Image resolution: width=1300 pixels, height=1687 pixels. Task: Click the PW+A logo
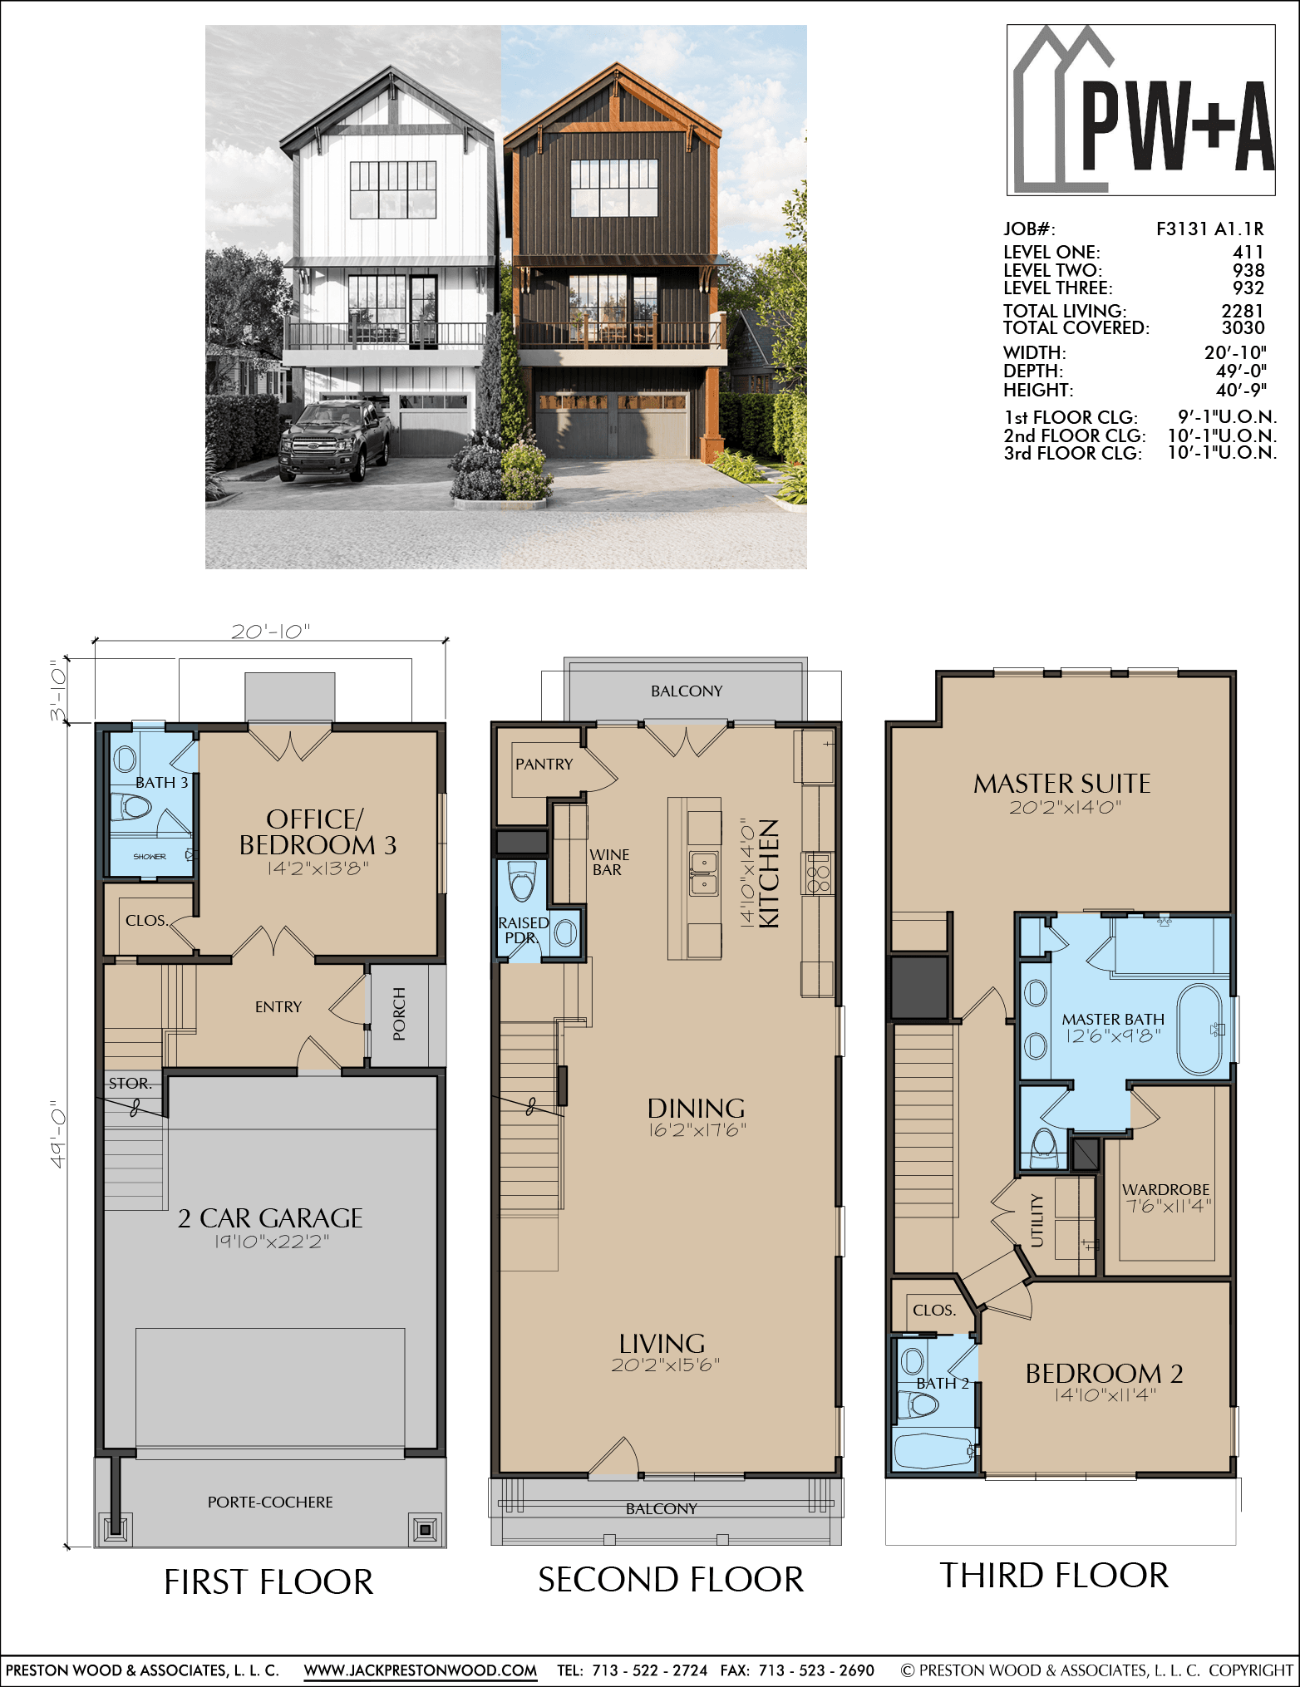point(1140,110)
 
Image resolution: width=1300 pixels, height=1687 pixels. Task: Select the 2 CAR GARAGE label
point(270,1217)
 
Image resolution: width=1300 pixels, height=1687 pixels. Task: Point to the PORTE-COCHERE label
point(270,1502)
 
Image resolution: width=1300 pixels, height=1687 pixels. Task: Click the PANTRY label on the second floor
point(544,764)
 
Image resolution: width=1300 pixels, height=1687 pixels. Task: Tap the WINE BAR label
point(609,862)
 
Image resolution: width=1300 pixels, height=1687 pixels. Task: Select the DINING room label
point(697,1108)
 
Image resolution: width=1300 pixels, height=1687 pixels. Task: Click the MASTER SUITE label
point(1062,783)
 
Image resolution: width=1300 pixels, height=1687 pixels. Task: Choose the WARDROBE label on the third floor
point(1166,1189)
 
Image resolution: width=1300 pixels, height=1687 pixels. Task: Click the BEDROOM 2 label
point(1105,1373)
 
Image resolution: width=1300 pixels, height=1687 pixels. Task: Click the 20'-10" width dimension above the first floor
point(270,632)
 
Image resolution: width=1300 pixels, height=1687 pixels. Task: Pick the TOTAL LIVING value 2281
point(1243,310)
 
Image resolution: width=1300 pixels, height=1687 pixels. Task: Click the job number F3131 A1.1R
point(1210,229)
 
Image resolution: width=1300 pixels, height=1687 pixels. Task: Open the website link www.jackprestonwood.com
point(421,1670)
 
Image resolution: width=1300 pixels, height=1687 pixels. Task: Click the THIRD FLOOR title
point(1054,1576)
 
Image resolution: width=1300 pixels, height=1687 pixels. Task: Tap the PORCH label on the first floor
point(399,1014)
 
